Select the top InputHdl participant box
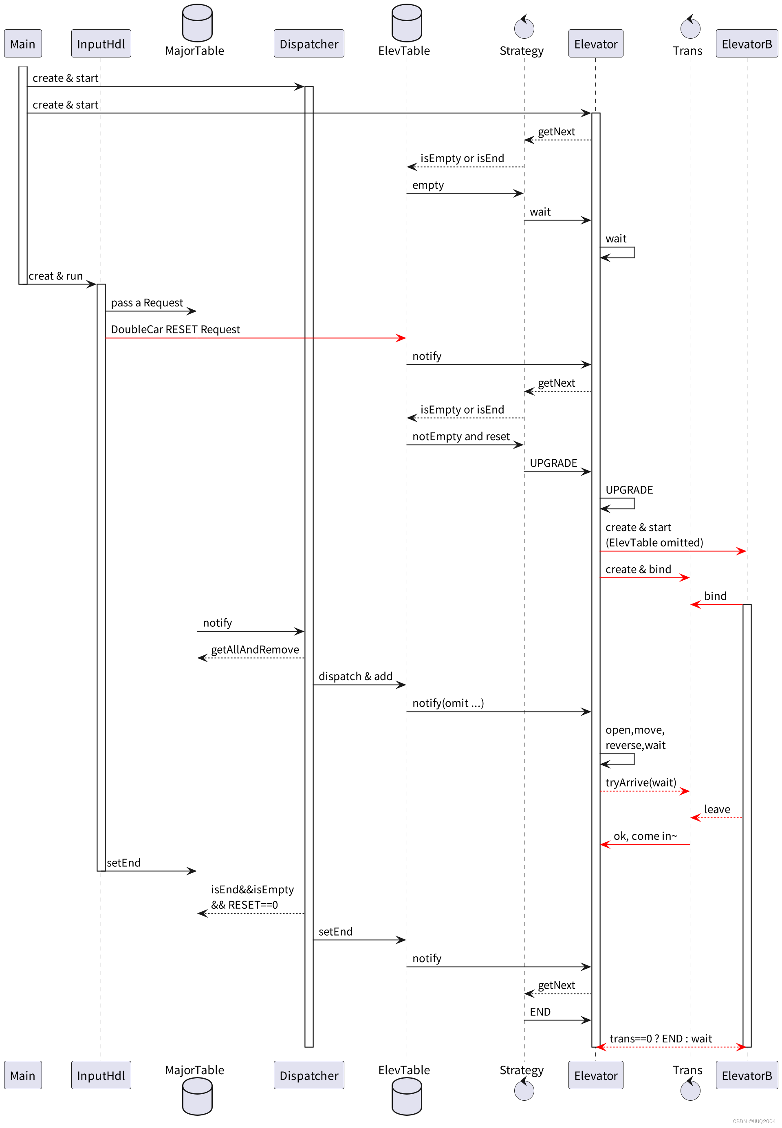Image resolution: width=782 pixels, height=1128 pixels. (101, 44)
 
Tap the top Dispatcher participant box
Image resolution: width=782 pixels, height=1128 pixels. (309, 44)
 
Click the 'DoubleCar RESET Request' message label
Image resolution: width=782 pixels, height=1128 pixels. (175, 329)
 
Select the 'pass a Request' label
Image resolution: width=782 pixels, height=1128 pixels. (147, 303)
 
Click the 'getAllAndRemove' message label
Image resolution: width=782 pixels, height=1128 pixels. (255, 649)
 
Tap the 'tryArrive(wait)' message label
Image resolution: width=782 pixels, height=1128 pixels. (641, 782)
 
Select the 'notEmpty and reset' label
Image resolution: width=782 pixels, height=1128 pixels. (460, 436)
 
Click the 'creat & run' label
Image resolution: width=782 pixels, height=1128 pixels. (55, 276)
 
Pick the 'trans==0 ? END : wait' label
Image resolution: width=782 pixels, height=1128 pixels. (660, 1038)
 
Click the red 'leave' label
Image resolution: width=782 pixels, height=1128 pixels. (716, 809)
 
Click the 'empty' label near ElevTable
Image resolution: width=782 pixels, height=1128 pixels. (428, 185)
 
